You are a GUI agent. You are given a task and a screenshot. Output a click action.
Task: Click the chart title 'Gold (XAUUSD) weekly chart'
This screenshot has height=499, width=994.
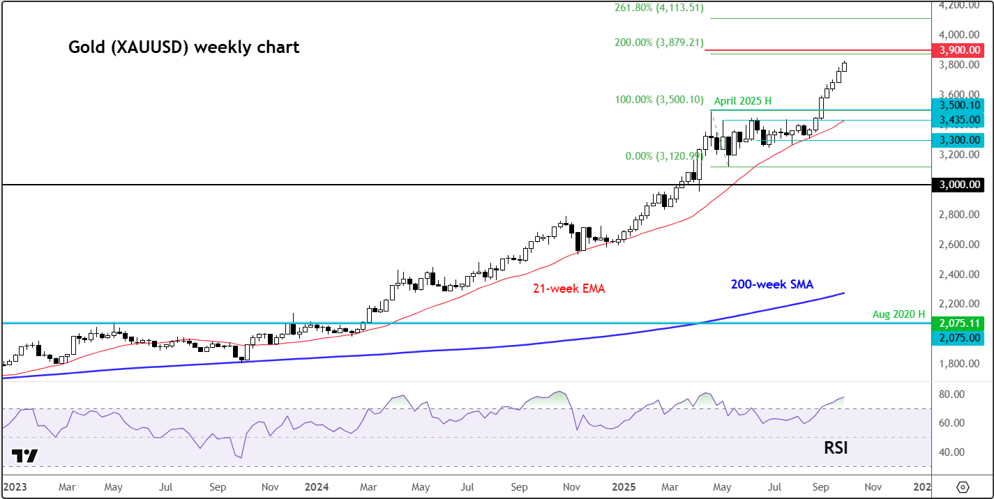pyautogui.click(x=183, y=47)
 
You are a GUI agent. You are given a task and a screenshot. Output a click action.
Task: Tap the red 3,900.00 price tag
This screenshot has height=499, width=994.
pyautogui.click(x=962, y=51)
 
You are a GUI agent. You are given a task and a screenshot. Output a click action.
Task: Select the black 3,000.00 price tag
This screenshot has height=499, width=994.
pyautogui.click(x=962, y=185)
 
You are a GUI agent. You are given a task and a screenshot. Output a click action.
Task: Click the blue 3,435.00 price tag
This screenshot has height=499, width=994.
pyautogui.click(x=962, y=120)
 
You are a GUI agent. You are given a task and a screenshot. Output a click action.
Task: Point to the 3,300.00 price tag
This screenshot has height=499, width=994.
pyautogui.click(x=962, y=140)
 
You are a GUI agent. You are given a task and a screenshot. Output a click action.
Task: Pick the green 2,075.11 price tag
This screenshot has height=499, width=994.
pyautogui.click(x=962, y=323)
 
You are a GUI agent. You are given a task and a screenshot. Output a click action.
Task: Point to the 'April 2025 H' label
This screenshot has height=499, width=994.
pyautogui.click(x=742, y=101)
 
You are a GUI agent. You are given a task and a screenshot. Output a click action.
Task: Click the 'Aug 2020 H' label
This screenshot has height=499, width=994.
pyautogui.click(x=898, y=315)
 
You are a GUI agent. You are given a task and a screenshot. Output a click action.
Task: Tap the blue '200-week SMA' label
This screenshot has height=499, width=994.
pyautogui.click(x=771, y=284)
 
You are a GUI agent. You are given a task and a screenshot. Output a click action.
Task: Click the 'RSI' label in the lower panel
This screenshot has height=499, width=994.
pyautogui.click(x=835, y=447)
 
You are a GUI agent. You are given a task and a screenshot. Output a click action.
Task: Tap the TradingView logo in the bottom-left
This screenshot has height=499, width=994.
pyautogui.click(x=25, y=456)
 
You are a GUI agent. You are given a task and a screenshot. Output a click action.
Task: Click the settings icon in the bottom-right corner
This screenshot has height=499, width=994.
pyautogui.click(x=963, y=486)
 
